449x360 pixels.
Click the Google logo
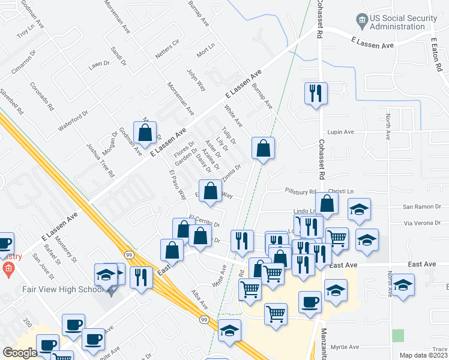click(x=20, y=352)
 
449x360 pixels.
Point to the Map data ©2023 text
click(x=423, y=355)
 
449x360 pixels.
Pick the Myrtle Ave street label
click(x=345, y=347)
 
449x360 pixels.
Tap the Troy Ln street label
click(x=25, y=32)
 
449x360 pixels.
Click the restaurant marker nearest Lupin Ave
click(x=315, y=92)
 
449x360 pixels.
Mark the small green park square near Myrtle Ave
click(x=397, y=335)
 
